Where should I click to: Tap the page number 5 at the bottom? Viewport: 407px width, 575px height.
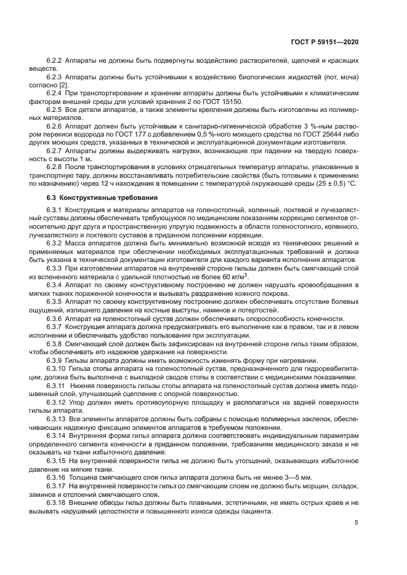[357, 522]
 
